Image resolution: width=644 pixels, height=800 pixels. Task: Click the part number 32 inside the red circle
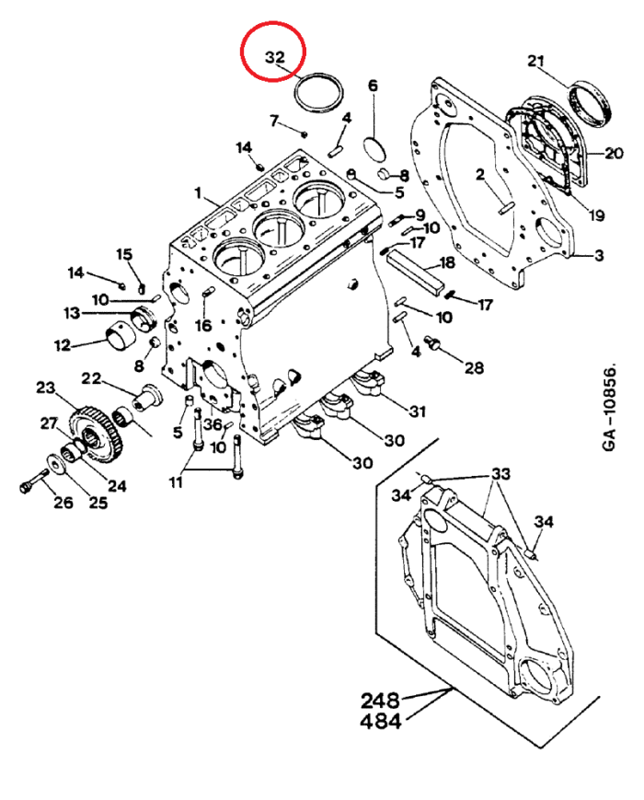click(275, 57)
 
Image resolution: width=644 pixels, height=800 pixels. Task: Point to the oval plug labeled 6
click(374, 147)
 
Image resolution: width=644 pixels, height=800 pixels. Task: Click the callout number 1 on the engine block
click(197, 192)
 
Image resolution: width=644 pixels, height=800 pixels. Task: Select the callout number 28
click(473, 368)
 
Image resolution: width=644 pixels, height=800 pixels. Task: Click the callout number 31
click(418, 411)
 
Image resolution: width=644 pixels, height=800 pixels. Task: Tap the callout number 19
click(597, 216)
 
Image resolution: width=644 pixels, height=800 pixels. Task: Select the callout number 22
click(91, 378)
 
